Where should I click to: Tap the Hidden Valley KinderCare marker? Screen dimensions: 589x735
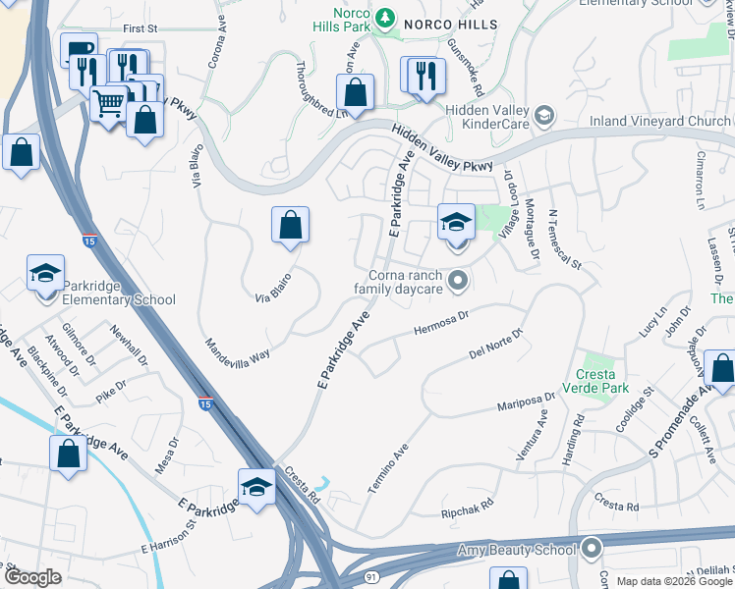click(542, 119)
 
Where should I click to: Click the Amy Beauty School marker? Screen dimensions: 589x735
click(592, 548)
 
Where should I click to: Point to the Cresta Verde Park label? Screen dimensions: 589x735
click(589, 381)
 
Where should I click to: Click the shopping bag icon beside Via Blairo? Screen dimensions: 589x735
click(291, 226)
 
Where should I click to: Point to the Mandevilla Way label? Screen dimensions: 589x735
click(237, 350)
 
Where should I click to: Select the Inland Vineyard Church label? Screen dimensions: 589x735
click(659, 121)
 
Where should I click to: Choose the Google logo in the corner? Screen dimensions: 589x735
click(32, 577)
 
